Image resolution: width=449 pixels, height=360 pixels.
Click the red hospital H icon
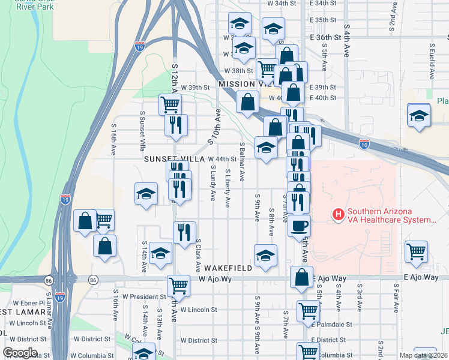click(338, 214)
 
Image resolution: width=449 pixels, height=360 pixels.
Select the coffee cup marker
click(299, 226)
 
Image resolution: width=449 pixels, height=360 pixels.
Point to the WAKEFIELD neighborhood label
click(227, 268)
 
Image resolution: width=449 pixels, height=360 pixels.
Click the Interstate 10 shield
click(364, 144)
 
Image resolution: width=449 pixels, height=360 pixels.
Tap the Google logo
click(20, 353)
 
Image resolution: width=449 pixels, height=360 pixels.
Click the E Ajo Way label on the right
click(421, 277)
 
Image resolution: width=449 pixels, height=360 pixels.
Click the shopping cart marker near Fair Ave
click(416, 251)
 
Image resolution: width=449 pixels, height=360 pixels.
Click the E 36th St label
click(326, 37)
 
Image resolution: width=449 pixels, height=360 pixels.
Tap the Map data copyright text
click(423, 355)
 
